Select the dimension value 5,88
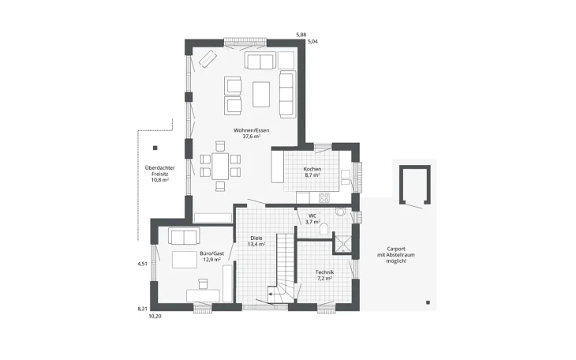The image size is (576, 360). tap(301, 35)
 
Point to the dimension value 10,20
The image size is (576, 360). tap(155, 316)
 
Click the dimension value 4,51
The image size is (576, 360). tap(142, 264)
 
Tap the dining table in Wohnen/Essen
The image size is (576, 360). tap(220, 166)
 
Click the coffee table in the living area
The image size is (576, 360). tap(261, 94)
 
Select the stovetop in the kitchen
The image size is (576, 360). tap(324, 198)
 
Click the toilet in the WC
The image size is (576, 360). tap(324, 230)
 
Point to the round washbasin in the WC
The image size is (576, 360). tap(340, 212)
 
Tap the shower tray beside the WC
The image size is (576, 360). tap(342, 243)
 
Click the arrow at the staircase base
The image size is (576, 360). tap(272, 294)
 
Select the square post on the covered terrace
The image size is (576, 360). tap(155, 148)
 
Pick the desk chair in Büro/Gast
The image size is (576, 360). tap(203, 283)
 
